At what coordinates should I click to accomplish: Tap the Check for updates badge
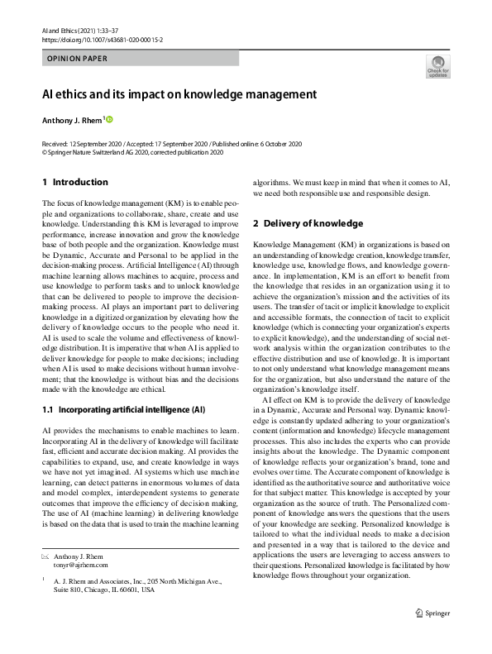pyautogui.click(x=437, y=67)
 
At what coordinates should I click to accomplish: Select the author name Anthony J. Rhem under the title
pyautogui.click(x=71, y=121)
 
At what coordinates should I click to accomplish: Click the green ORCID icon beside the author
pyautogui.click(x=107, y=121)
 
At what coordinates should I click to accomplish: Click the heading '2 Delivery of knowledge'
pyautogui.click(x=308, y=223)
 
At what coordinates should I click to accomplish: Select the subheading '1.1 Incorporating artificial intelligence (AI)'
pyautogui.click(x=122, y=410)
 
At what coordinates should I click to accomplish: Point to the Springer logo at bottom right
pyautogui.click(x=433, y=613)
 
